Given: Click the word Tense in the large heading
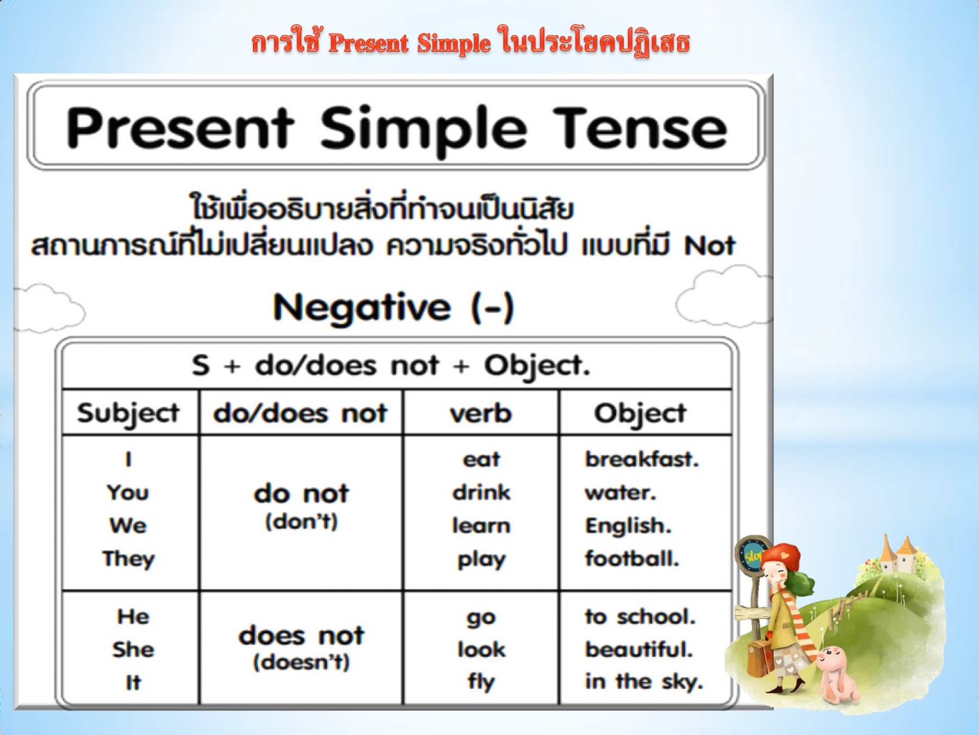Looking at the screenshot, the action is tap(641, 128).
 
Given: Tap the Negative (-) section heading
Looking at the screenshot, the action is tap(393, 307).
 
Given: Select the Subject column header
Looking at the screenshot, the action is tap(128, 413).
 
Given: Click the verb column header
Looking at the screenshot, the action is tap(481, 413).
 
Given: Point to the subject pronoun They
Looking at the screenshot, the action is tap(128, 559).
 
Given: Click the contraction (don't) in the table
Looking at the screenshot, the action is tap(301, 522).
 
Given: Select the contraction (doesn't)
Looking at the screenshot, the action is tap(301, 662).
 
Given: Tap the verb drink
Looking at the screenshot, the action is tap(481, 492).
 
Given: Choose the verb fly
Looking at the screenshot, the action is tap(481, 681).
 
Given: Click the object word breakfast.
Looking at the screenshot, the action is tap(642, 459).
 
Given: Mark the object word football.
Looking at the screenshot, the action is tap(632, 558).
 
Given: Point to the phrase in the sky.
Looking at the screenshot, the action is tap(644, 681).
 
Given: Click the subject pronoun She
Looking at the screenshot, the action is tap(133, 649).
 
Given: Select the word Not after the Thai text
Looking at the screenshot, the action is tap(710, 246).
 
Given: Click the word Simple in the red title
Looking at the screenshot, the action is tap(454, 43).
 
